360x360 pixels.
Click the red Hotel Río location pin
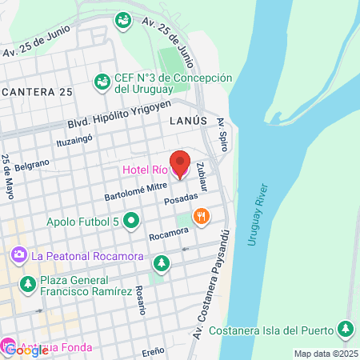point(180,162)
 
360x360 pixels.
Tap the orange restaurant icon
point(202,214)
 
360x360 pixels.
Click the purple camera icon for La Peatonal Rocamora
point(18,256)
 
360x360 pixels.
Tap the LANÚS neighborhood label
point(188,119)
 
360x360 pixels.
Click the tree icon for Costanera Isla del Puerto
point(346,328)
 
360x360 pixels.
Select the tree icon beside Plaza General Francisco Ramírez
point(27,284)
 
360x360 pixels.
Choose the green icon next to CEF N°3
point(102,82)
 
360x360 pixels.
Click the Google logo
point(25,350)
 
